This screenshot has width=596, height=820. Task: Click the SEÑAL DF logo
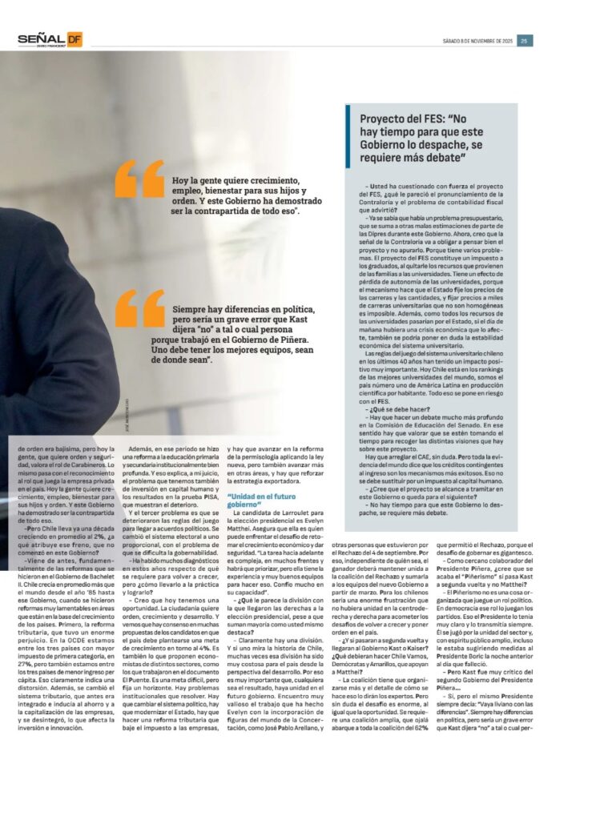[x=50, y=40]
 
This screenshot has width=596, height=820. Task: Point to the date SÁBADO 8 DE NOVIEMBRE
[x=477, y=41]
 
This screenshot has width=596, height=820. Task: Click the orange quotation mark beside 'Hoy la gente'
[x=139, y=179]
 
